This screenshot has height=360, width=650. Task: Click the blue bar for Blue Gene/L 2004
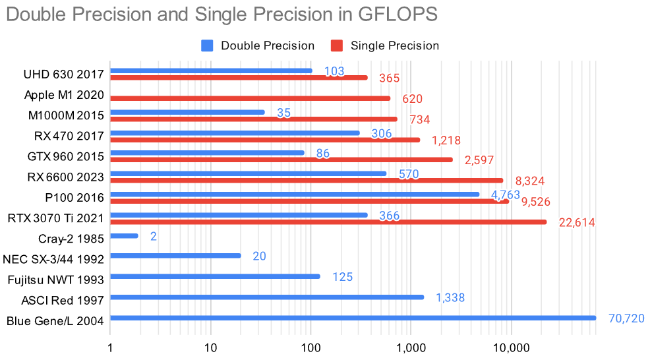(x=353, y=318)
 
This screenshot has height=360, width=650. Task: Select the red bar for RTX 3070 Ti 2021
(x=328, y=222)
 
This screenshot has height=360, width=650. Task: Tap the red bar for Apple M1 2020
(x=250, y=98)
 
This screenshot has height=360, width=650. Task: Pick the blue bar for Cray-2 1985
(x=124, y=235)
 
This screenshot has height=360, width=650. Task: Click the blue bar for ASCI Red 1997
(x=267, y=297)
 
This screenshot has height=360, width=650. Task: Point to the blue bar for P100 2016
(x=295, y=194)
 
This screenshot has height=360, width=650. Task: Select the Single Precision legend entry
(x=386, y=45)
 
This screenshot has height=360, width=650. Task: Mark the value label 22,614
(x=577, y=223)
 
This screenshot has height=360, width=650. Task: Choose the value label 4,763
(x=506, y=195)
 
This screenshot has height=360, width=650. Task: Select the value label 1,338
(x=450, y=298)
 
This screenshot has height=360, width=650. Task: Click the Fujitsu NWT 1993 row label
(x=56, y=280)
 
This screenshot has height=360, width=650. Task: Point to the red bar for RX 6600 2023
(x=307, y=180)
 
